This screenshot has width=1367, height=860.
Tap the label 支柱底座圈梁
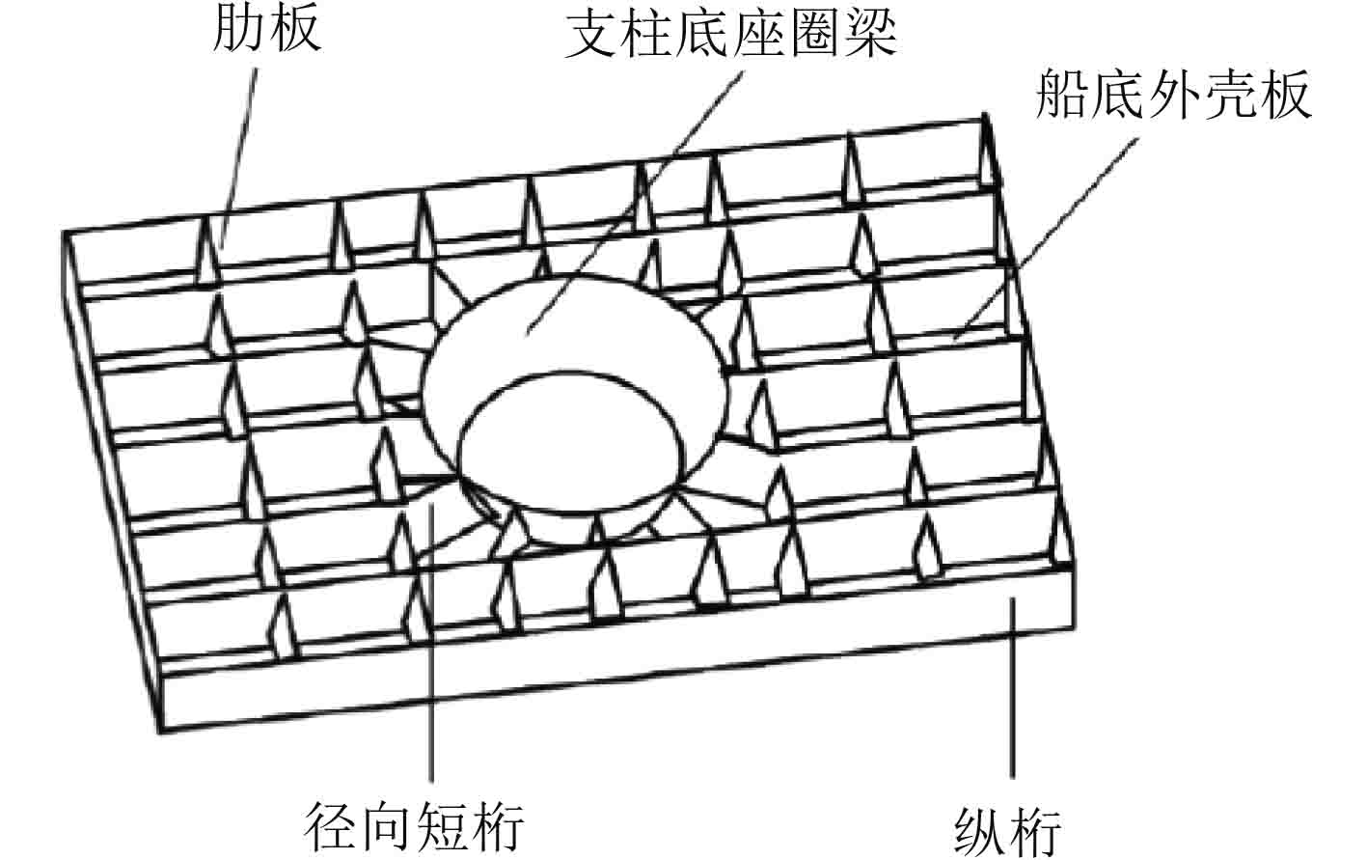(x=730, y=35)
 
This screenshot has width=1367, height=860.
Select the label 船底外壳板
(x=1173, y=96)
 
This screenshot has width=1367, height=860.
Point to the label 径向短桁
(x=415, y=827)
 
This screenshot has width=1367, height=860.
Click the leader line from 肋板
(x=241, y=145)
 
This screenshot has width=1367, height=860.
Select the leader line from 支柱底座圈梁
(x=637, y=203)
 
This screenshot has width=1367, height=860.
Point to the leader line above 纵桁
(x=1012, y=695)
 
